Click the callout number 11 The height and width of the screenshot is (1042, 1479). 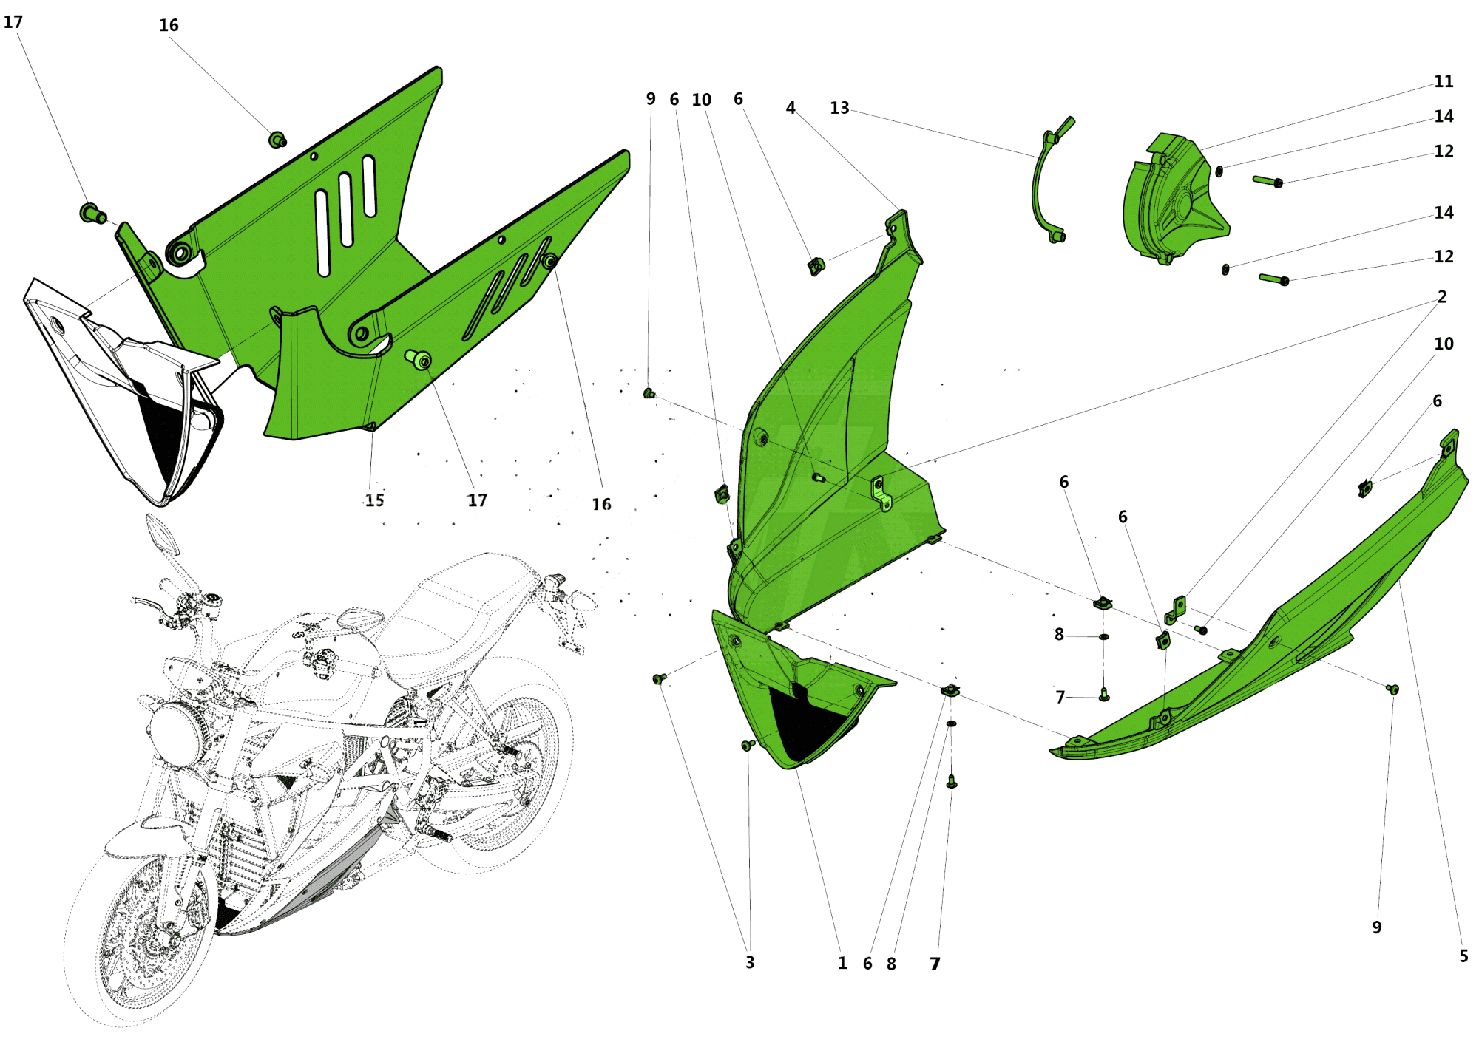tap(1443, 81)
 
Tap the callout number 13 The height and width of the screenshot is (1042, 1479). tap(839, 108)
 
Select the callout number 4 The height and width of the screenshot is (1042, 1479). tap(791, 108)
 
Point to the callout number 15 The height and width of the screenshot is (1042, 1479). tap(375, 500)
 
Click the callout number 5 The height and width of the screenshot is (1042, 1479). tap(1463, 956)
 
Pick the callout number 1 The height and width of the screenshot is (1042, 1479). tap(842, 963)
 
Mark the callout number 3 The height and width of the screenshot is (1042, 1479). tap(750, 962)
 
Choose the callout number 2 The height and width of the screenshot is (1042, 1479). tap(1441, 297)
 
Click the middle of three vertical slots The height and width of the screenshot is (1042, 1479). tap(345, 210)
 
